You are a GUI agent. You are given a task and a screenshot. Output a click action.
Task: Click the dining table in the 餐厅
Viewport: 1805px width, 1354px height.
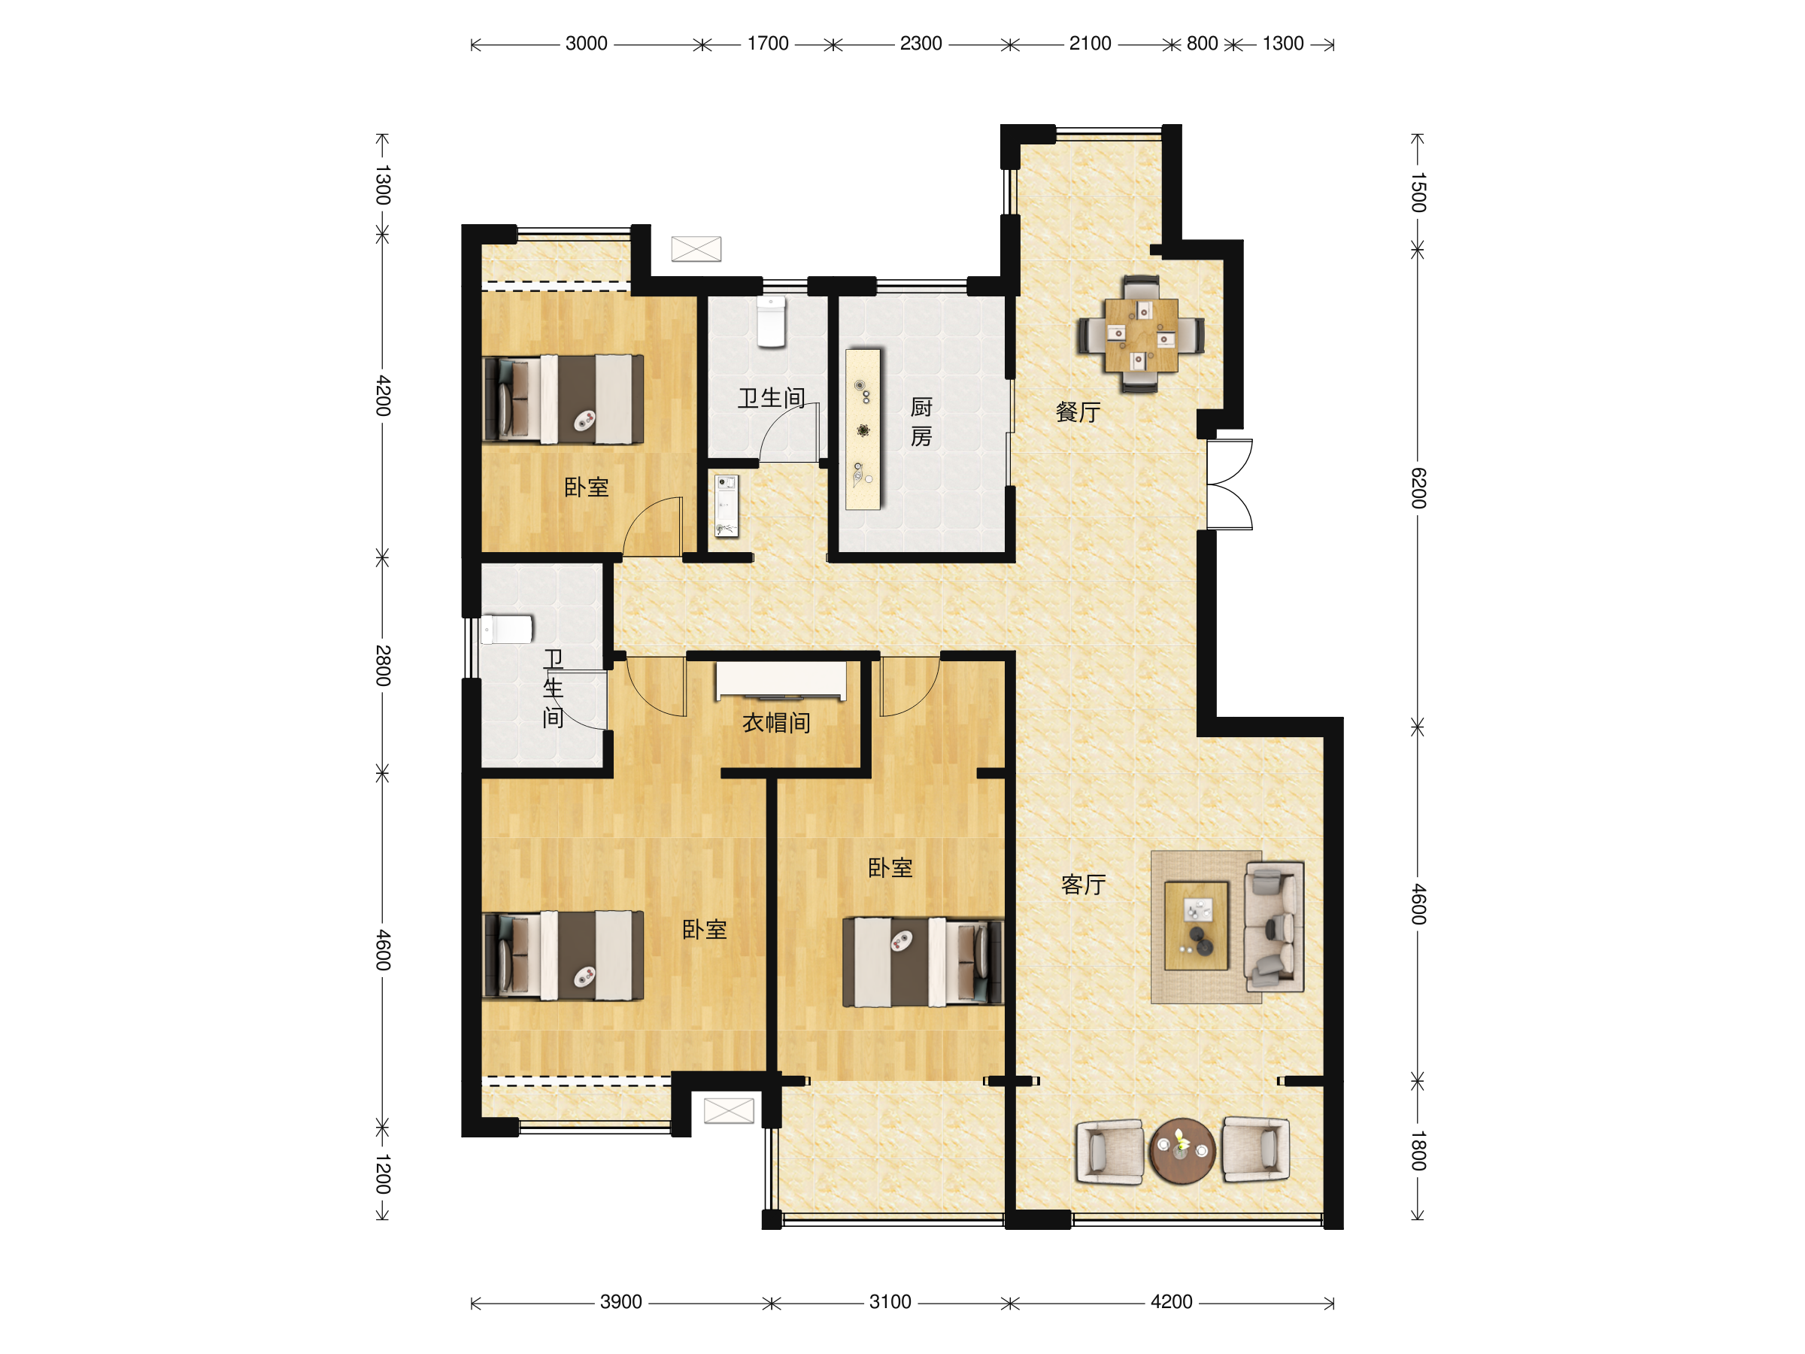point(1141,335)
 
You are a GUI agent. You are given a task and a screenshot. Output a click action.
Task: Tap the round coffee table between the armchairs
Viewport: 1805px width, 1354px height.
point(1182,1151)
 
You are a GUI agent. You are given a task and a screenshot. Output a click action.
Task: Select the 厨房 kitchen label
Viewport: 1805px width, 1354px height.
point(921,422)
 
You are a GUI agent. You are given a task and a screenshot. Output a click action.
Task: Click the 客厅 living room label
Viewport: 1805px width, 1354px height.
point(1084,885)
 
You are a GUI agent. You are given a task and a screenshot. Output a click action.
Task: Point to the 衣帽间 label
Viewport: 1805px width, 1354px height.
point(776,722)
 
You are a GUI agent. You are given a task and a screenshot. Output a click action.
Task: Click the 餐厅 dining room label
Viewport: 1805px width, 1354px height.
point(1078,412)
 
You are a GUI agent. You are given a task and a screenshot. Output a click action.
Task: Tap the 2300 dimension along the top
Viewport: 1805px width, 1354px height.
point(921,44)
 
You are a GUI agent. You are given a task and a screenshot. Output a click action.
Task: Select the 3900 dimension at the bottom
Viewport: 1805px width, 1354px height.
point(621,1302)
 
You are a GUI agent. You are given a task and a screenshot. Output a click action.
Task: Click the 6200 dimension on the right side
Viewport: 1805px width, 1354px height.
point(1418,488)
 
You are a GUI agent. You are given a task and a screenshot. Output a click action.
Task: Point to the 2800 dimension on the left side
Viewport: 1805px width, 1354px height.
point(383,665)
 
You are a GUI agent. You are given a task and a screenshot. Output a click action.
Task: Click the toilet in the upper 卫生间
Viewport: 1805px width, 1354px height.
point(771,321)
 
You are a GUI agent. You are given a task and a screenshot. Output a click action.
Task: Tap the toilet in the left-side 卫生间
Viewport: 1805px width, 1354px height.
point(507,630)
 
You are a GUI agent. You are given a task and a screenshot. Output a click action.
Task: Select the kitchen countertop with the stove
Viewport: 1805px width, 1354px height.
point(863,430)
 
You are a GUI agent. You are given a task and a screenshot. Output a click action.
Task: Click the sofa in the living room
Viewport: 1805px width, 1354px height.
point(1274,926)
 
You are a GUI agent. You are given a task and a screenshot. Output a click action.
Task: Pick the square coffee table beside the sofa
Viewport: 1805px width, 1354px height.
point(1197,926)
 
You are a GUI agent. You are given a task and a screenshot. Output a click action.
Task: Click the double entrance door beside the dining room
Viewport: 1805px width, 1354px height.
point(1230,484)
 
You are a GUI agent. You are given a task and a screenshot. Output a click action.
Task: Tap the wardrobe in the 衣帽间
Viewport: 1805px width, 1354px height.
point(781,682)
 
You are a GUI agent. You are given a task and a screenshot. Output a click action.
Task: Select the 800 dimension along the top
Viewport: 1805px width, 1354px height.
point(1202,44)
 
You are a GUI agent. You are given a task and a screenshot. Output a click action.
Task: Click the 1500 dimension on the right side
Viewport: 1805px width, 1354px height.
point(1418,193)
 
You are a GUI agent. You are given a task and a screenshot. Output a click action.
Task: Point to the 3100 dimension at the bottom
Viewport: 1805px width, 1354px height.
point(890,1302)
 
